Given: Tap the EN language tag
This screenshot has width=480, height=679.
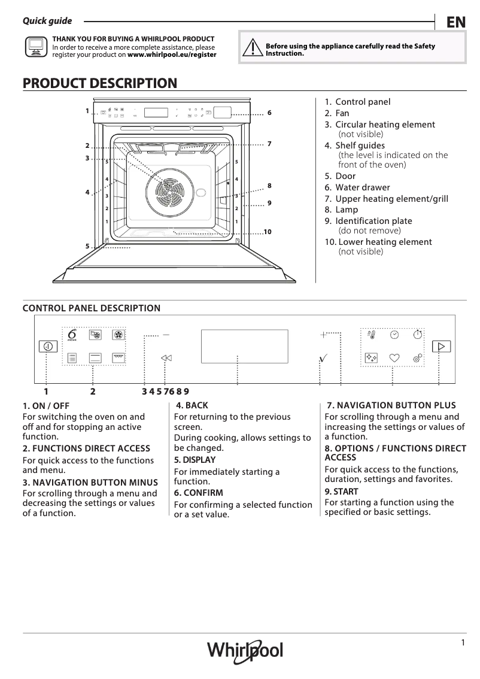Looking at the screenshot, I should pyautogui.click(x=455, y=22).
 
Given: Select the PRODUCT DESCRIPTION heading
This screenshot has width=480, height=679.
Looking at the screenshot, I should pyautogui.click(x=100, y=83).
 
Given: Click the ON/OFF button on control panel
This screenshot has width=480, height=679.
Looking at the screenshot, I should pyautogui.click(x=47, y=346).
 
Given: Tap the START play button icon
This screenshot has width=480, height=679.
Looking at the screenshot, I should pyautogui.click(x=441, y=346).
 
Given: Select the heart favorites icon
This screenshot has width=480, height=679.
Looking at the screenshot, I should pyautogui.click(x=394, y=357).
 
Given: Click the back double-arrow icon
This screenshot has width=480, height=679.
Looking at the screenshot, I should pyautogui.click(x=166, y=357).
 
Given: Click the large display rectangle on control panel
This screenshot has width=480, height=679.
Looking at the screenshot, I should pyautogui.click(x=244, y=345).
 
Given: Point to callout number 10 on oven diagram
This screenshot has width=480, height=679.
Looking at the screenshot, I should pyautogui.click(x=267, y=232).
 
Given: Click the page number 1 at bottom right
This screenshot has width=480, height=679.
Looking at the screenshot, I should pyautogui.click(x=463, y=642).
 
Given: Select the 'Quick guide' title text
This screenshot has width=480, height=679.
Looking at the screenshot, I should pyautogui.click(x=47, y=21).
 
